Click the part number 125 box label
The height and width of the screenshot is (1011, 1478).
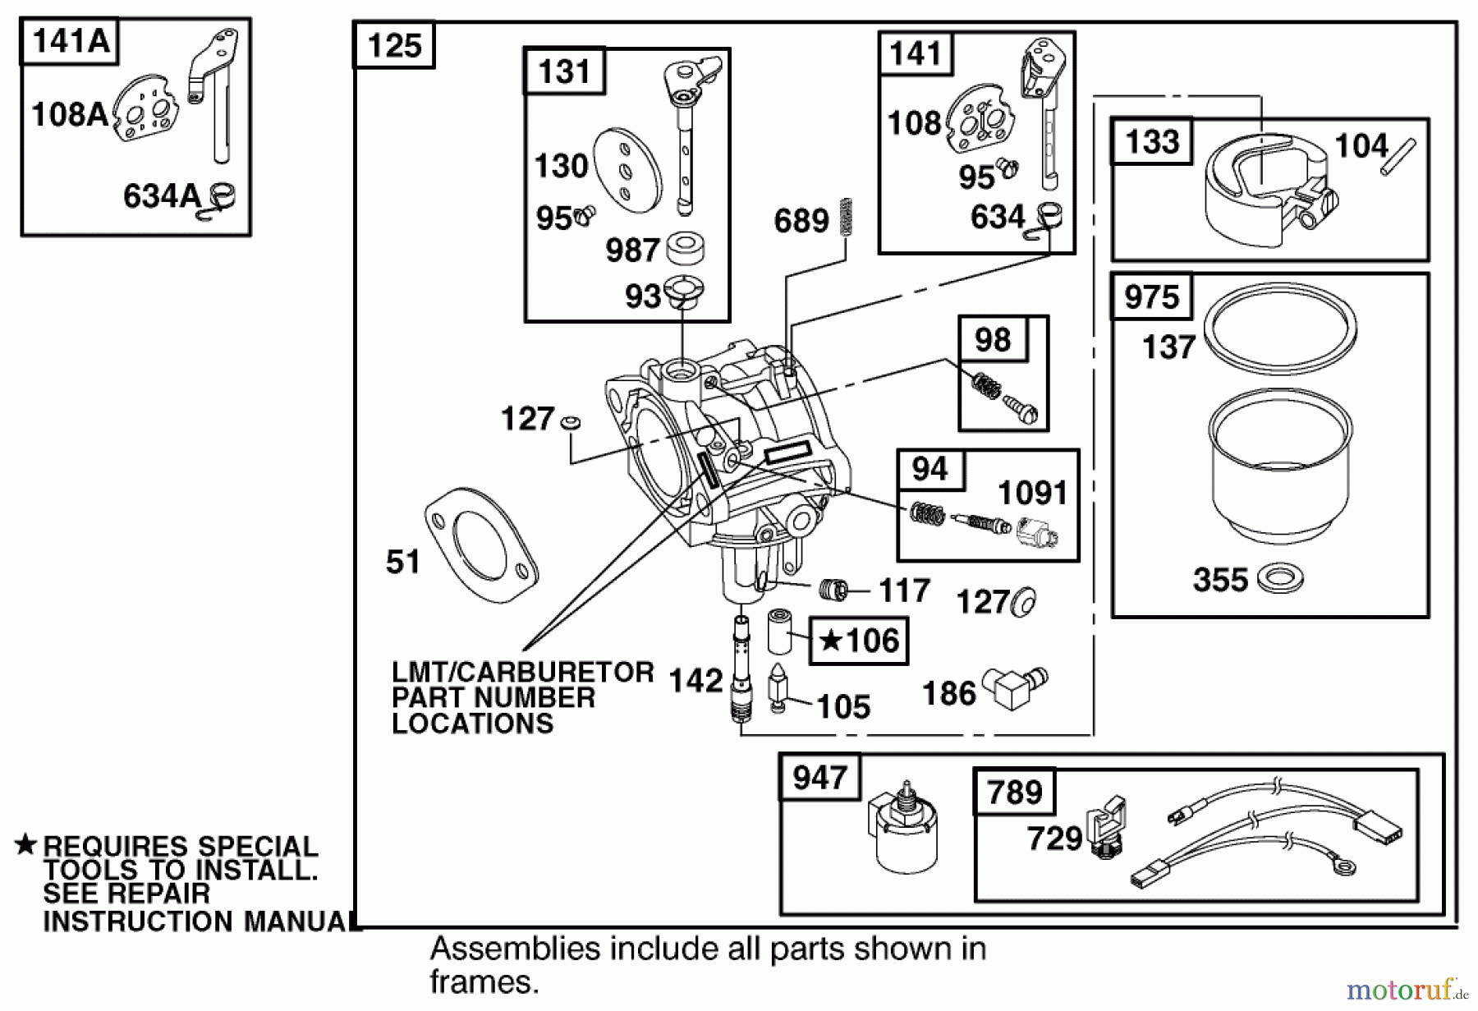point(394,45)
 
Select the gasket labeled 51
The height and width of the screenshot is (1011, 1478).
point(481,545)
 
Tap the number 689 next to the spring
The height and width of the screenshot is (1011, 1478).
point(801,221)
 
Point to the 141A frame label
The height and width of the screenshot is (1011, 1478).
point(70,40)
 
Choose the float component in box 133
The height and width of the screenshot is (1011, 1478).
point(1265,189)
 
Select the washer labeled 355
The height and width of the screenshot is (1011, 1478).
point(1280,578)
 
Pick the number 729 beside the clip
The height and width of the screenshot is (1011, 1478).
point(1054,839)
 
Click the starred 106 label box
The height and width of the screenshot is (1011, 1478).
point(859,641)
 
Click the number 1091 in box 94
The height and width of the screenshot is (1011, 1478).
point(1032,493)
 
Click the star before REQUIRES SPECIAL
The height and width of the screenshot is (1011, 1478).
point(26,844)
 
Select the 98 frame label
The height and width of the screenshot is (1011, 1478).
point(992,339)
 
